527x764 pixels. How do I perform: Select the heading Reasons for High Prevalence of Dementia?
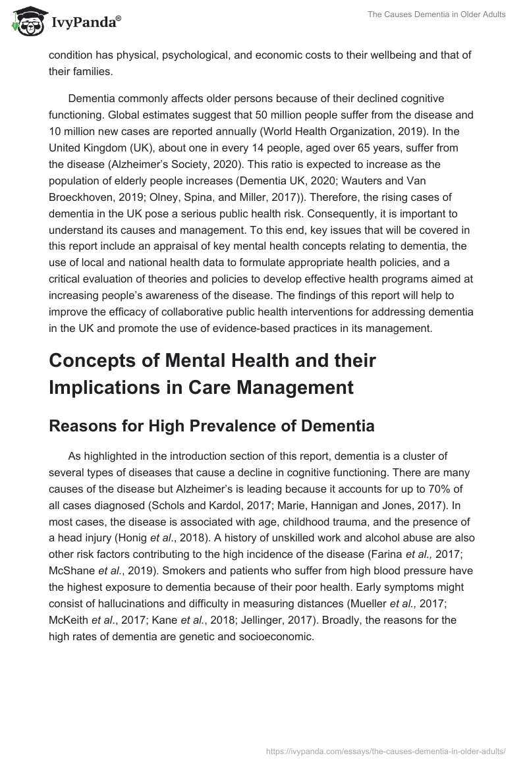(x=211, y=426)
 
